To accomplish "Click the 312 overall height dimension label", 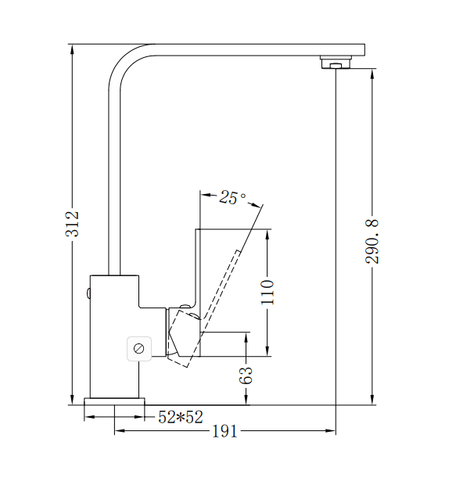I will click(x=72, y=224).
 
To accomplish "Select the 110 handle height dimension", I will click(x=268, y=292).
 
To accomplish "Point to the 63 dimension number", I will click(x=247, y=375).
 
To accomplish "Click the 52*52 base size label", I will click(x=181, y=418).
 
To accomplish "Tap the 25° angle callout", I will click(x=232, y=197).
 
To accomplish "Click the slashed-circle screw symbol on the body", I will click(x=139, y=348).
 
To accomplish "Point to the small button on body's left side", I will click(x=88, y=294).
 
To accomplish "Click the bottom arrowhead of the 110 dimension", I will click(x=268, y=352).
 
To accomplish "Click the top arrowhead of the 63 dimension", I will click(x=247, y=337).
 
